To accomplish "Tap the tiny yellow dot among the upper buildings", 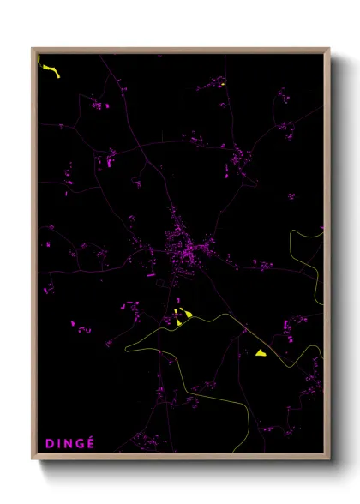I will pyautogui.click(x=222, y=84).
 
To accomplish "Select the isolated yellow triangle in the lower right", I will pyautogui.click(x=261, y=352).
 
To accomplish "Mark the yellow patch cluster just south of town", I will pyautogui.click(x=182, y=317).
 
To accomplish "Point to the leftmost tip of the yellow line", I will pyautogui.click(x=125, y=349).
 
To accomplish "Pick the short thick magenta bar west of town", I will pyautogui.click(x=150, y=276).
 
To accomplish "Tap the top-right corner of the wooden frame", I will pyautogui.click(x=328, y=49).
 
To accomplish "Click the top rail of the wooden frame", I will pyautogui.click(x=180, y=50).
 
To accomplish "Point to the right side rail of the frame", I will pyautogui.click(x=327, y=257).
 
